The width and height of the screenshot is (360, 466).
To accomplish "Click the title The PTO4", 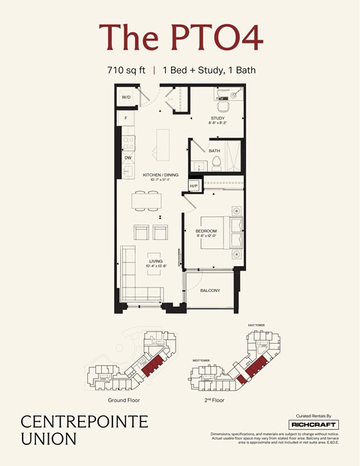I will point(180,38).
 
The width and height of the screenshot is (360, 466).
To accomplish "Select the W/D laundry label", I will point(126,97).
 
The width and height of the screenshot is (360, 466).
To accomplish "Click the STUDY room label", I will point(217,118).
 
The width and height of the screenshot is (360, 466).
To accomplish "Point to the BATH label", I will point(214,151).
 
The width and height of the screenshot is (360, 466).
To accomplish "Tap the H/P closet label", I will point(193,185).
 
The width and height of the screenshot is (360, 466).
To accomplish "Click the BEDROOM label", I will point(206,230).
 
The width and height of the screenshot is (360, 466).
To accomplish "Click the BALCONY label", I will point(210,290).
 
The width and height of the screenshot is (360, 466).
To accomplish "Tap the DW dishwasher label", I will point(128,158).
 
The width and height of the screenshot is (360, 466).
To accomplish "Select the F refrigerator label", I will point(126,119).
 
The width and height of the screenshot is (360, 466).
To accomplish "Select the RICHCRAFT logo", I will point(313,424).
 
